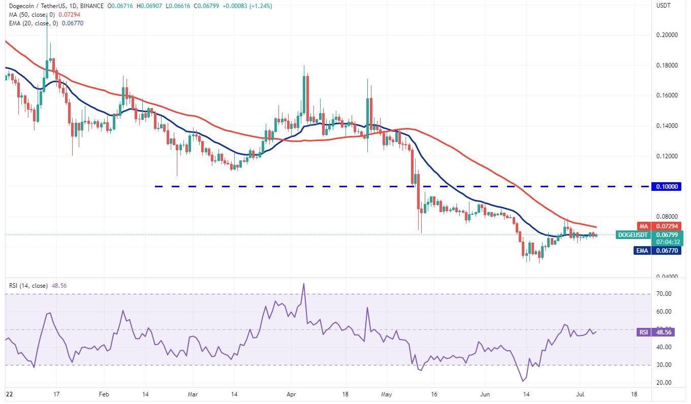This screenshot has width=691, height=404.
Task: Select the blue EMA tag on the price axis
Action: [642, 250]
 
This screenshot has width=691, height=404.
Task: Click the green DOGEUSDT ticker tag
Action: [632, 235]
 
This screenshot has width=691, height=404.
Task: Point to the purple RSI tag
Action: [643, 332]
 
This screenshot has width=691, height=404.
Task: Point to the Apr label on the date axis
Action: [291, 394]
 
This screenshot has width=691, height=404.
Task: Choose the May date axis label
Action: [387, 394]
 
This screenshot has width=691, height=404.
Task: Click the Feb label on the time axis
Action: [104, 394]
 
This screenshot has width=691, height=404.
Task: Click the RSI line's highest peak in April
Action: [303, 284]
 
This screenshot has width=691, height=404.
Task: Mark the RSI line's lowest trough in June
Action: [522, 381]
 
